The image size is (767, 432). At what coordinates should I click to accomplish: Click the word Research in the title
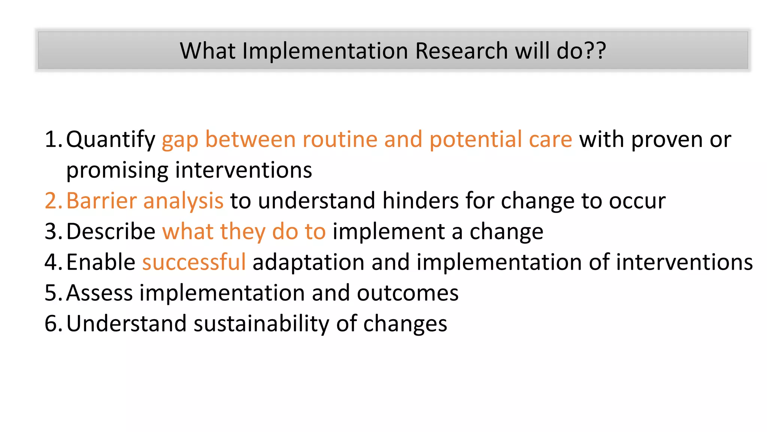coord(461,51)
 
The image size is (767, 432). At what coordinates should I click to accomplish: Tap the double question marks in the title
coord(594,51)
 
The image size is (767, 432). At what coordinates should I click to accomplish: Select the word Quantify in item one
coord(110,140)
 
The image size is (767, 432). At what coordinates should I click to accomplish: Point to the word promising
coord(117,171)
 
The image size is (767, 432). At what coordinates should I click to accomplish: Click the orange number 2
coord(51,201)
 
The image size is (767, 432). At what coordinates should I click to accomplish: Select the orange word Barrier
coord(101,201)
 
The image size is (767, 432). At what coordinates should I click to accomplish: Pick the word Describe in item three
coord(111,231)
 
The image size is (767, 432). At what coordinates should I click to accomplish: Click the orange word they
coord(242,231)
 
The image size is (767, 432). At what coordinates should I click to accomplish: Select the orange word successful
coord(194,262)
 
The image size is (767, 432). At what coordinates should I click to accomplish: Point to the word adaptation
coord(308,262)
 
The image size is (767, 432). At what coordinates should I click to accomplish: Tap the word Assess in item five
coord(99,293)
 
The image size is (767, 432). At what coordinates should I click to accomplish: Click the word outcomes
coord(407,293)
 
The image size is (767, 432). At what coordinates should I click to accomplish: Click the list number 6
coord(51,324)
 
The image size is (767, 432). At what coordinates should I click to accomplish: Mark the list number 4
coord(51,262)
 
